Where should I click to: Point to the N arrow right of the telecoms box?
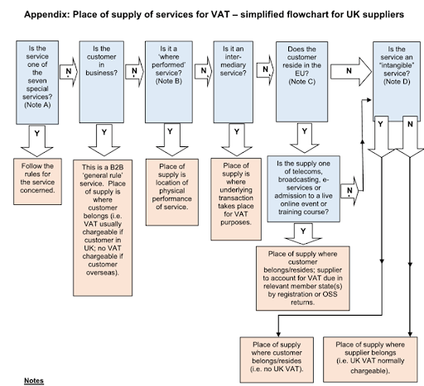(x=352, y=192)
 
